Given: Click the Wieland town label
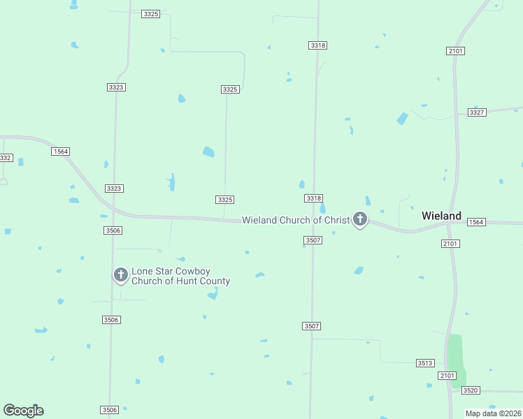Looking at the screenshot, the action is [441, 216].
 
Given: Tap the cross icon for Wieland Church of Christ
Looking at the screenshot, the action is [360, 220].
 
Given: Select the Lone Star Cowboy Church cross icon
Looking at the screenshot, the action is [120, 275].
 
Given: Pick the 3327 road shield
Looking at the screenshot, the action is [477, 112].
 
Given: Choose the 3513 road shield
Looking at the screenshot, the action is [425, 363].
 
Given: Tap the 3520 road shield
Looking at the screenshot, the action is [471, 390].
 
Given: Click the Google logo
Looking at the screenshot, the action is [23, 411].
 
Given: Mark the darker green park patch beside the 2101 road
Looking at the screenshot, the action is [456, 360].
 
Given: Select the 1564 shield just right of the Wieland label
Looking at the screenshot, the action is [476, 222].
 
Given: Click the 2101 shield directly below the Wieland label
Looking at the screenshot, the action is [450, 243].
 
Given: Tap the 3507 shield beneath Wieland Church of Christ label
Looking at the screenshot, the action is [313, 240].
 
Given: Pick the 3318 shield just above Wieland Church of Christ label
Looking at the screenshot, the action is [314, 198].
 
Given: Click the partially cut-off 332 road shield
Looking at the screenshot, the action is [6, 158].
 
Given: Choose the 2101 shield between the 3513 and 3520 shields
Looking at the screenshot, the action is [447, 376].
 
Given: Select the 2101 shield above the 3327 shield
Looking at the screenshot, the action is [455, 51].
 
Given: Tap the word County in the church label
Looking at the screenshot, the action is [213, 281].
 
